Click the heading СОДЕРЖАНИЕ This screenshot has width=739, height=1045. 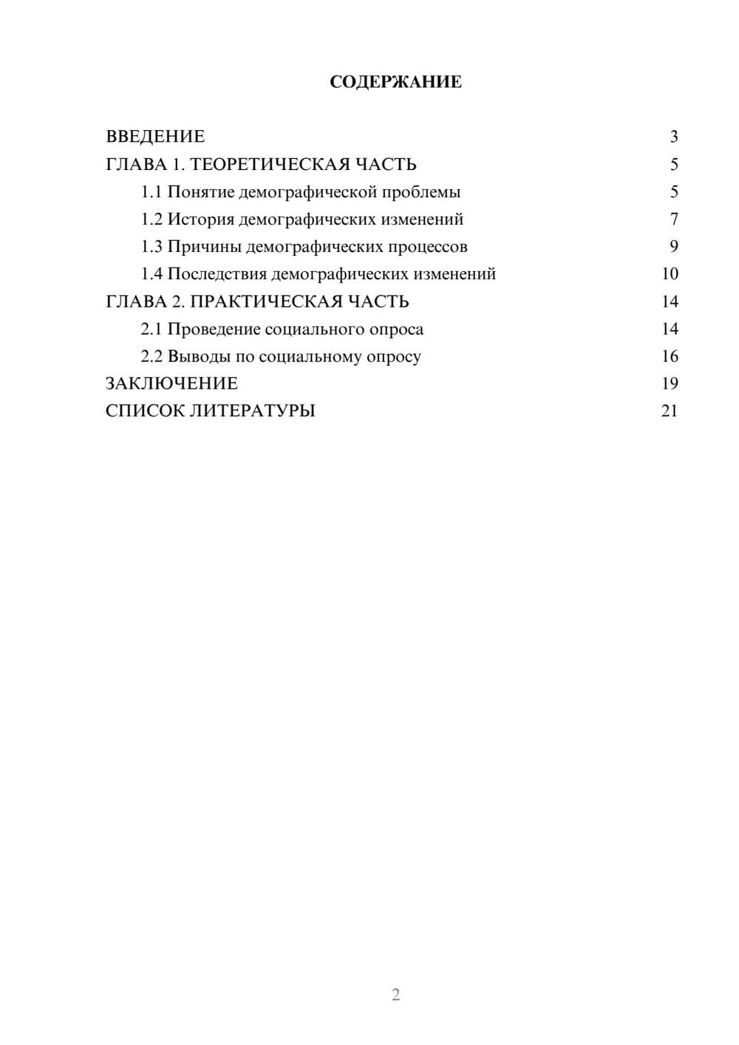coord(395,82)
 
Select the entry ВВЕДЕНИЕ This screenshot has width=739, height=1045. coord(155,137)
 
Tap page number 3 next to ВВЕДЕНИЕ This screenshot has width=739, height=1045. coord(673,137)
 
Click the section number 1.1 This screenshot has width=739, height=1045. coord(151,192)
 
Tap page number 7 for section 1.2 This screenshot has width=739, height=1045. coord(673,219)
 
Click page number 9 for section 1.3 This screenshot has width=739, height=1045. coord(673,247)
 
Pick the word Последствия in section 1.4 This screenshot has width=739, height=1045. coord(217,274)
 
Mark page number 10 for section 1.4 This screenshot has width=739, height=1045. coord(670,274)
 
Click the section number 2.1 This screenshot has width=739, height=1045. coord(151,329)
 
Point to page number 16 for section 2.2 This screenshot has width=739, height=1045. coord(670,356)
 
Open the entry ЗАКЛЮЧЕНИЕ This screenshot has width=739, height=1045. coord(171,384)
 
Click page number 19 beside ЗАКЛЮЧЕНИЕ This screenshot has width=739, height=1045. coord(670,384)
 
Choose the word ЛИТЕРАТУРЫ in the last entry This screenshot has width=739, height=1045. coord(253,411)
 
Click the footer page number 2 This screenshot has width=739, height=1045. coord(395,995)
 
